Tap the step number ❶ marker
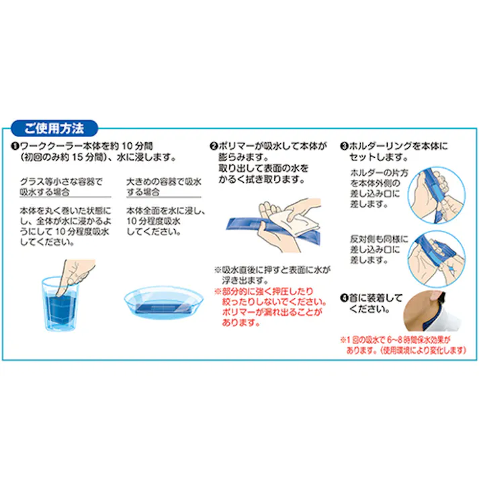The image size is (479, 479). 15,146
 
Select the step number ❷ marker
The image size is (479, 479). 214,146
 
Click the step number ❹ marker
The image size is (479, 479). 344,297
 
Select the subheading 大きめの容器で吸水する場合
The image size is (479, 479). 164,186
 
